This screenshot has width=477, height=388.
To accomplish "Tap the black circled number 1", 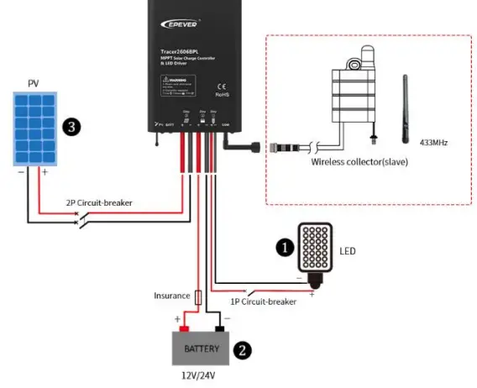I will (x=286, y=247).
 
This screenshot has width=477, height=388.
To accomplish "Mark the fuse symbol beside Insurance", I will (x=197, y=297).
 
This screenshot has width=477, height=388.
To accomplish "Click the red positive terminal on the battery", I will (x=184, y=328).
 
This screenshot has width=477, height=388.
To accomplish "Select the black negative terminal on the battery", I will (x=221, y=328).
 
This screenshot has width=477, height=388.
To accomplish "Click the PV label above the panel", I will (x=33, y=83).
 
